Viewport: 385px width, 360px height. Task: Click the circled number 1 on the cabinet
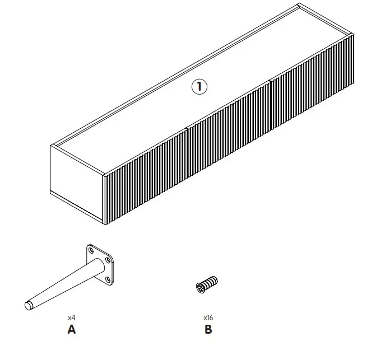200,87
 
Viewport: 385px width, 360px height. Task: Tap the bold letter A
71,329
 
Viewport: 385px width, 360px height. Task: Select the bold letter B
208,329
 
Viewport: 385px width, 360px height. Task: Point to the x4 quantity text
71,317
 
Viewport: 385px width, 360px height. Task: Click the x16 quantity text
208,317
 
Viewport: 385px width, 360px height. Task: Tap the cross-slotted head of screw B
201,288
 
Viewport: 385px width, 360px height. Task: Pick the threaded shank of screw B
211,282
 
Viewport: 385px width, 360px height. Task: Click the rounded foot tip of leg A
28,306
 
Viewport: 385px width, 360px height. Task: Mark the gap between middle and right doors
270,99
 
